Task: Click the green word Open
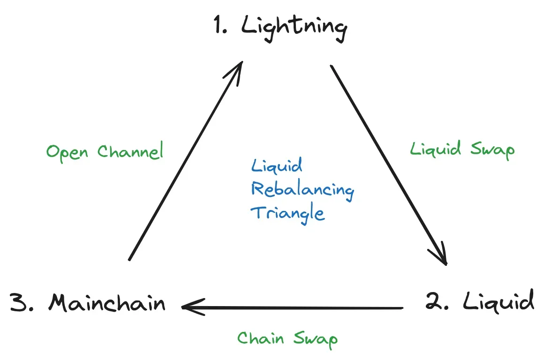[68, 152]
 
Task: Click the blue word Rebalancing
[302, 190]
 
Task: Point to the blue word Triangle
[287, 213]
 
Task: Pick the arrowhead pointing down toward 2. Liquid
[443, 261]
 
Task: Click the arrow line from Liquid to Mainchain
[295, 308]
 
